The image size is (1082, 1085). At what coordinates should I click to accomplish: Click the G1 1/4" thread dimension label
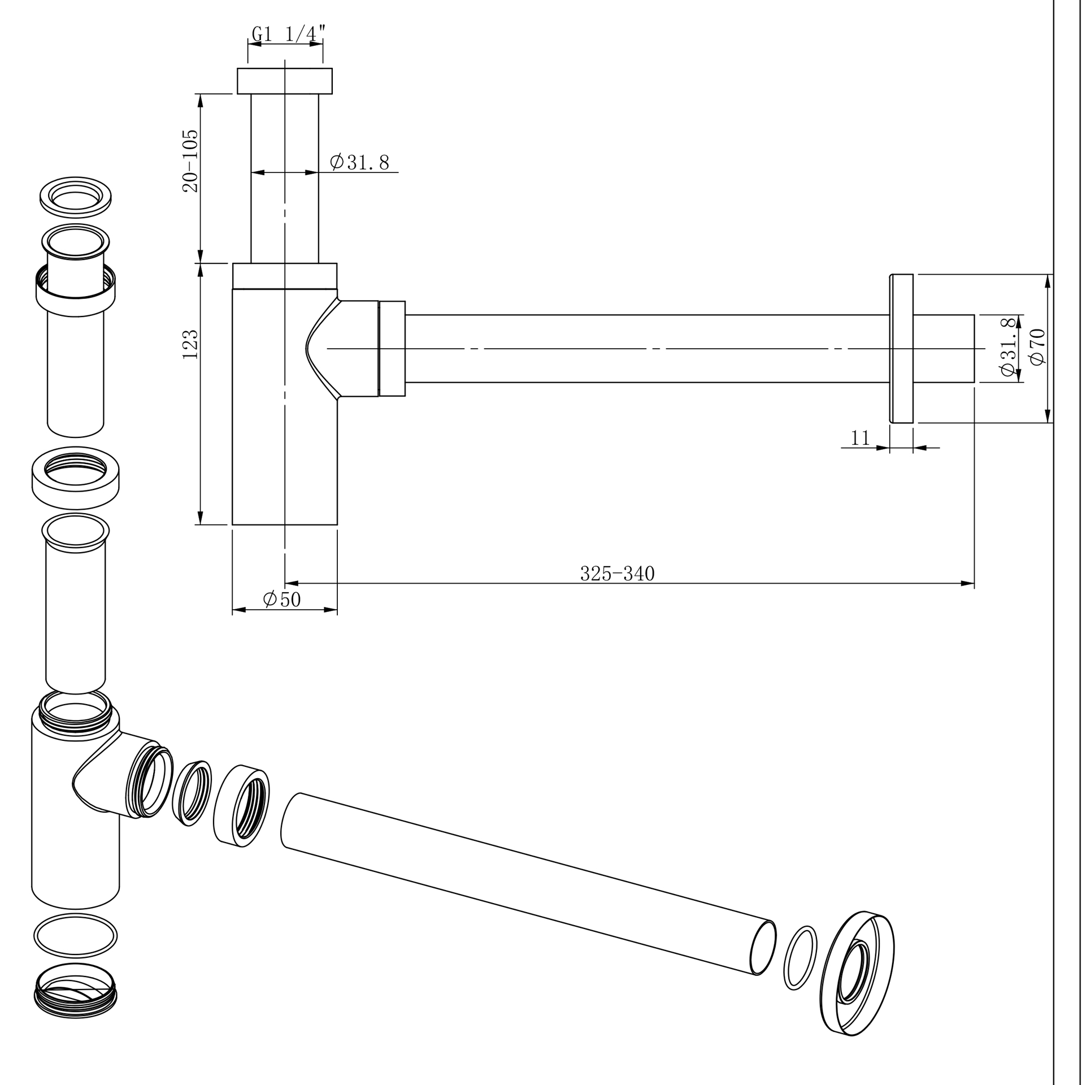click(x=288, y=34)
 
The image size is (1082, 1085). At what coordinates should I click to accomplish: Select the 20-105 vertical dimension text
click(x=190, y=161)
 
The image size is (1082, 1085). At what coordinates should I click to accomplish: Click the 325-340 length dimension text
click(x=617, y=574)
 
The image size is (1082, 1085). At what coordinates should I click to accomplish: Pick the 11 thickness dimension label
click(x=859, y=437)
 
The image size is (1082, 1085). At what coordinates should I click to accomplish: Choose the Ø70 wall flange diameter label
click(x=1038, y=348)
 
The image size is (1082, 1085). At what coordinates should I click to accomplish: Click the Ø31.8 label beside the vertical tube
click(x=360, y=162)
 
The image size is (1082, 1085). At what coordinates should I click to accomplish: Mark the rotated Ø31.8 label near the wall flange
click(x=1008, y=348)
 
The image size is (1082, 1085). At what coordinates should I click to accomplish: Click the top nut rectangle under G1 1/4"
click(x=284, y=81)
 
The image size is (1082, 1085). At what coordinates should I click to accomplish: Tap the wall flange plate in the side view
click(x=902, y=348)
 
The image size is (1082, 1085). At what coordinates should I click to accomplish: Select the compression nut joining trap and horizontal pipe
click(x=392, y=349)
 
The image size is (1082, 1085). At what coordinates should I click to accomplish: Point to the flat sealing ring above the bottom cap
click(x=76, y=936)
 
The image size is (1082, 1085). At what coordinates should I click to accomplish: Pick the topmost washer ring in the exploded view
click(x=75, y=198)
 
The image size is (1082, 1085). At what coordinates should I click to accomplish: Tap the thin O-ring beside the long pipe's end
click(x=800, y=958)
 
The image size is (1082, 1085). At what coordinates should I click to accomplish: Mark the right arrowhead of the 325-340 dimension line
click(x=968, y=583)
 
